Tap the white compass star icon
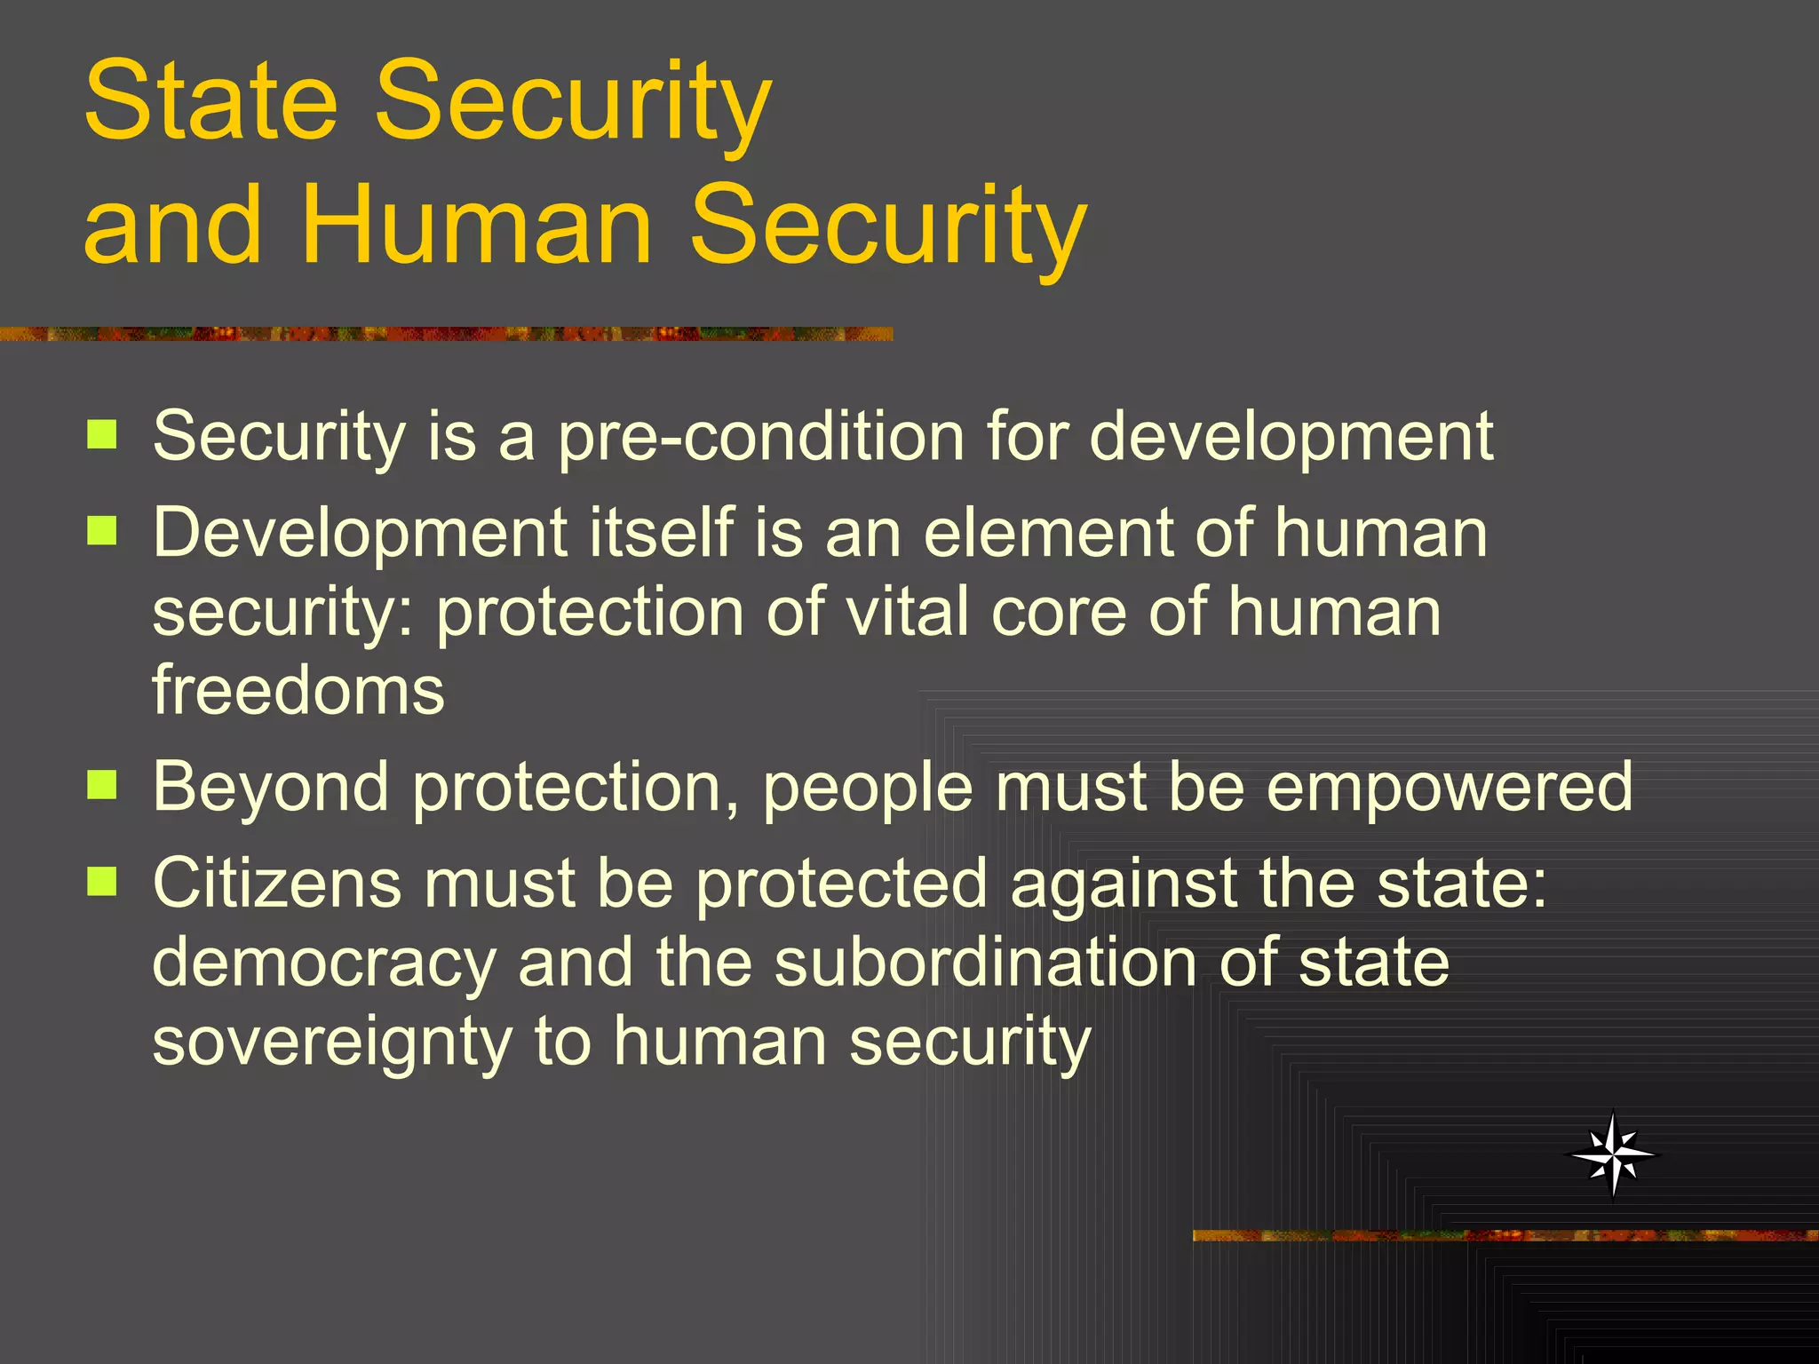(1613, 1154)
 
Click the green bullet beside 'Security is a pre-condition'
(102, 435)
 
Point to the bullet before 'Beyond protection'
(102, 785)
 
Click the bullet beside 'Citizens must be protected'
(102, 882)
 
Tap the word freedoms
(298, 690)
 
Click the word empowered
(1449, 788)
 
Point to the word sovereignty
(331, 1043)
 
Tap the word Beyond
(271, 788)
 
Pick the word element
(1048, 533)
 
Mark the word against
(1124, 885)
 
